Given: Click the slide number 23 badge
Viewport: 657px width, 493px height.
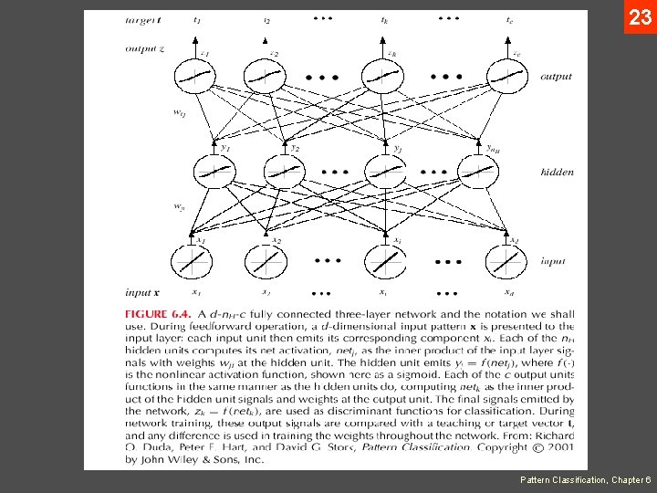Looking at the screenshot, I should click(640, 16).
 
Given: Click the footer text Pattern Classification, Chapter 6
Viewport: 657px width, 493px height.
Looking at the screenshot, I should click(585, 479).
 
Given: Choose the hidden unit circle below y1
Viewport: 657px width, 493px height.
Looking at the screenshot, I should click(215, 171).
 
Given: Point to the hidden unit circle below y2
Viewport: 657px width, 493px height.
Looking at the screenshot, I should click(285, 171).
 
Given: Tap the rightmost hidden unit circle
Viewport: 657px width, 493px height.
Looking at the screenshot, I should click(478, 171).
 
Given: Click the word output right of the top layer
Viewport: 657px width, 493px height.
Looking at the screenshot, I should click(556, 77).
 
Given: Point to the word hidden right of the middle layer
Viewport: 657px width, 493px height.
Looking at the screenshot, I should click(557, 172).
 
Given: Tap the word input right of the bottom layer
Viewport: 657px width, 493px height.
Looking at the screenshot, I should click(552, 261).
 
